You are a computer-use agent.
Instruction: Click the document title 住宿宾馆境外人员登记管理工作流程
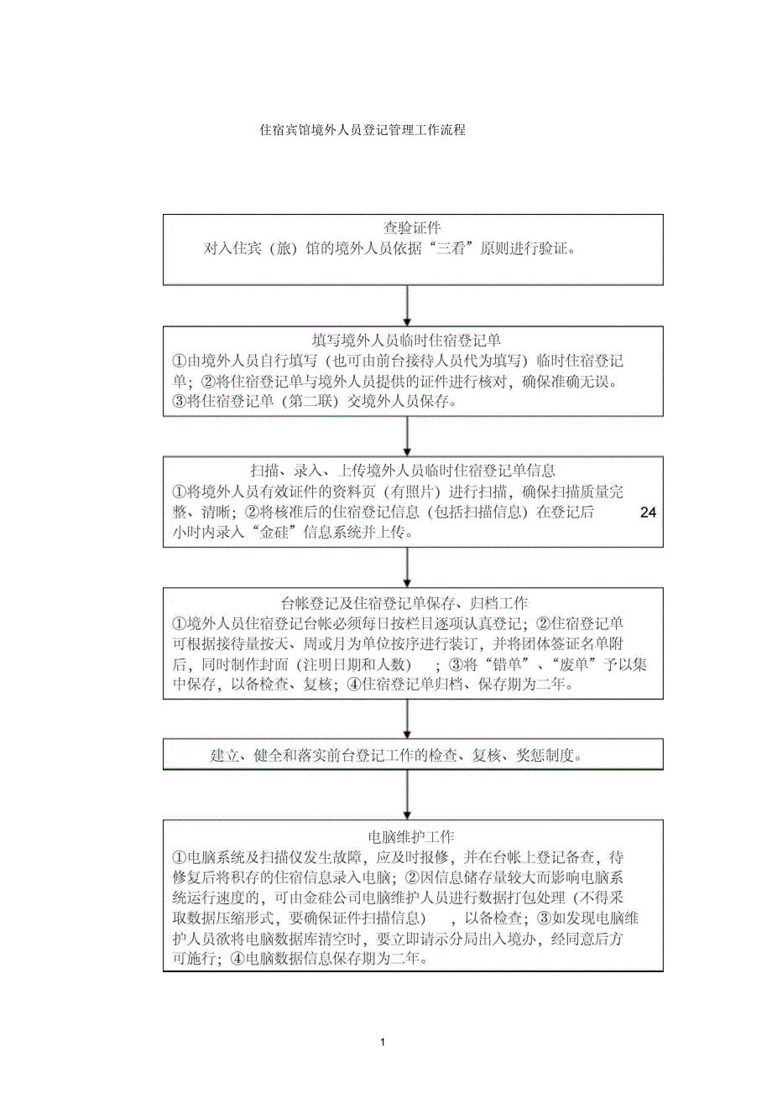pyautogui.click(x=362, y=131)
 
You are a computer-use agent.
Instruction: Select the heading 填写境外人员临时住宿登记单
pyautogui.click(x=406, y=341)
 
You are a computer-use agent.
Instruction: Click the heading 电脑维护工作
pyautogui.click(x=411, y=837)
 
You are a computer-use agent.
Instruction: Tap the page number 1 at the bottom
pyautogui.click(x=383, y=1042)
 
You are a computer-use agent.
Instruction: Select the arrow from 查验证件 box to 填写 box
pyautogui.click(x=407, y=305)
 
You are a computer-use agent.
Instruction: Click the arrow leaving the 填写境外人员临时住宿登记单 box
pyautogui.click(x=407, y=436)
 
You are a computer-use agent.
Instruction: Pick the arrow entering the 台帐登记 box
pyautogui.click(x=407, y=568)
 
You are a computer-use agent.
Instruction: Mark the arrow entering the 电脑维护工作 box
pyautogui.click(x=407, y=795)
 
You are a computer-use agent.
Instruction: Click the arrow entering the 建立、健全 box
pyautogui.click(x=407, y=720)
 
